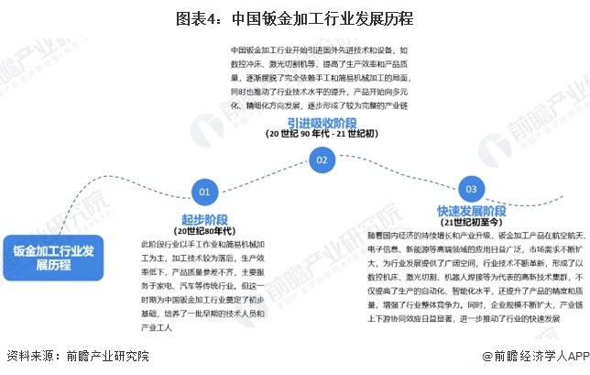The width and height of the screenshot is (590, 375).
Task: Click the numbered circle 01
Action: tap(203, 192)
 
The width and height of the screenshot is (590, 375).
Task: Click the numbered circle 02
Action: tap(321, 160)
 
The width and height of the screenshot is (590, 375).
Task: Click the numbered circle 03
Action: tap(471, 189)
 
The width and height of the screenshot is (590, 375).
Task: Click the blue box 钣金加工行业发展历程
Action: tap(54, 259)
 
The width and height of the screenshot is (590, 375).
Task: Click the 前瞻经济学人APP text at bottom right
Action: tap(531, 356)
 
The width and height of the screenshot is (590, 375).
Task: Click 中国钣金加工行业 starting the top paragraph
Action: tap(262, 50)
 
